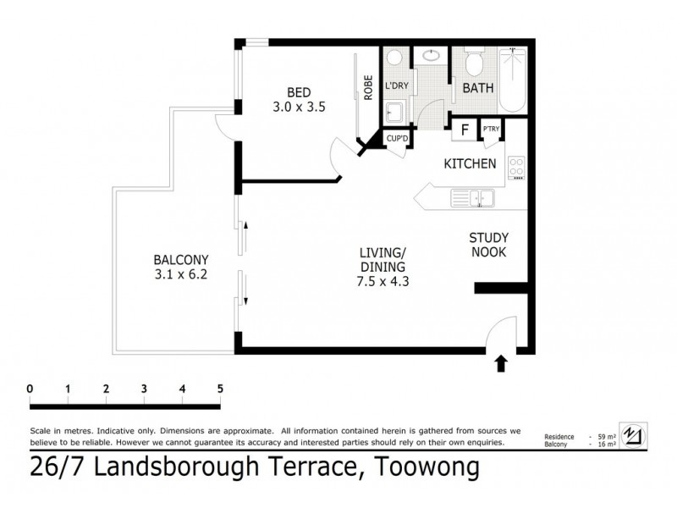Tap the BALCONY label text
coord(181,259)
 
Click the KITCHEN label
coord(470,163)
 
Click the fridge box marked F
coord(464,130)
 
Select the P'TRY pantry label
coord(491,130)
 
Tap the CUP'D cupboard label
coord(398,139)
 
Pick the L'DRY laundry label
coord(397,86)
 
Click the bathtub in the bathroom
coord(513,81)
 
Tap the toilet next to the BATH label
coord(473,63)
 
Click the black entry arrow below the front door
coord(500,363)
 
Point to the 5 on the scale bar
coord(221,389)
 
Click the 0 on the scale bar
coord(30,389)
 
